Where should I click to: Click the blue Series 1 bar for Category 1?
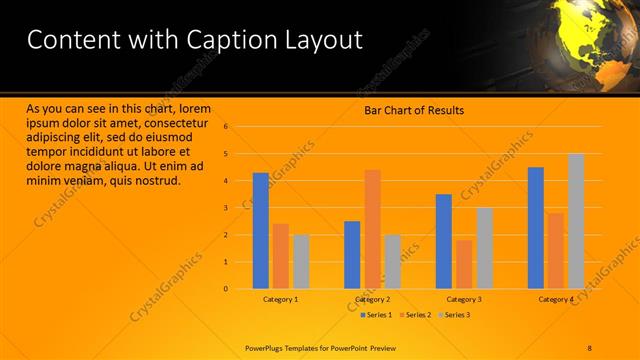click(261, 230)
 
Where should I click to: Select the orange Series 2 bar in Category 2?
click(372, 229)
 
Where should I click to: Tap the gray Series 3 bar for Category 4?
click(575, 221)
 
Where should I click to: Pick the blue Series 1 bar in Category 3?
click(444, 241)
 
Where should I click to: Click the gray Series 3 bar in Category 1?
click(301, 261)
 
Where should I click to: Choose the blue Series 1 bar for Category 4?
click(536, 227)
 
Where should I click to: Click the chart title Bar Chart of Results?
click(413, 110)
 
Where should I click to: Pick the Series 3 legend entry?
click(454, 315)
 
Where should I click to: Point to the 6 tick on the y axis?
click(227, 127)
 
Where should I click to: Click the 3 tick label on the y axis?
click(227, 208)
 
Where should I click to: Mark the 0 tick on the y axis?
click(227, 289)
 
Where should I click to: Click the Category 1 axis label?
click(281, 299)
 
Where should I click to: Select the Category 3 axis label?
click(464, 299)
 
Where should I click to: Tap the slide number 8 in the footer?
click(591, 347)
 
